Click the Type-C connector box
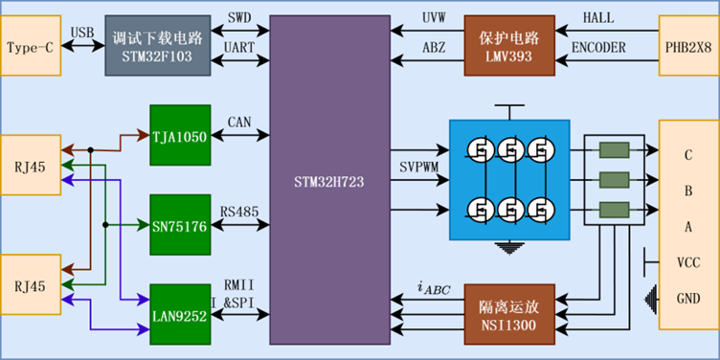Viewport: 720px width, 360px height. (x=31, y=45)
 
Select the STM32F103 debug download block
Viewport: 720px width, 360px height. (x=158, y=45)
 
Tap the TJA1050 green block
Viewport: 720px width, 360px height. (x=180, y=135)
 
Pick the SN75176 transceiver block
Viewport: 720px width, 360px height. (x=180, y=225)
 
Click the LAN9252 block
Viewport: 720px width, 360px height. (x=180, y=315)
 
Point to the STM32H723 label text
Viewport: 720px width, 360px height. (x=328, y=182)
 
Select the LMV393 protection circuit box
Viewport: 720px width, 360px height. (x=509, y=45)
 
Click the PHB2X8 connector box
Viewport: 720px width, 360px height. (x=689, y=45)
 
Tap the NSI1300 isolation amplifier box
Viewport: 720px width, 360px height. (x=509, y=315)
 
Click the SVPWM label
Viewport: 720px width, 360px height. (x=419, y=168)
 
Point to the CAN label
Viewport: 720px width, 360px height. (x=239, y=123)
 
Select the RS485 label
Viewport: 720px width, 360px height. (x=239, y=212)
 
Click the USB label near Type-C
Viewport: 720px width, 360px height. (x=82, y=33)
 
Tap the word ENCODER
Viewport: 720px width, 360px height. (x=598, y=47)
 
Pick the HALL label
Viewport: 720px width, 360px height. (x=598, y=18)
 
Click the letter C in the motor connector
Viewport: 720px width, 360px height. (x=688, y=155)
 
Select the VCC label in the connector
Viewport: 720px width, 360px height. (x=688, y=263)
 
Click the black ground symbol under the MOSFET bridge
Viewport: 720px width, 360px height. (x=509, y=248)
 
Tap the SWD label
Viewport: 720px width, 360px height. (x=239, y=18)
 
